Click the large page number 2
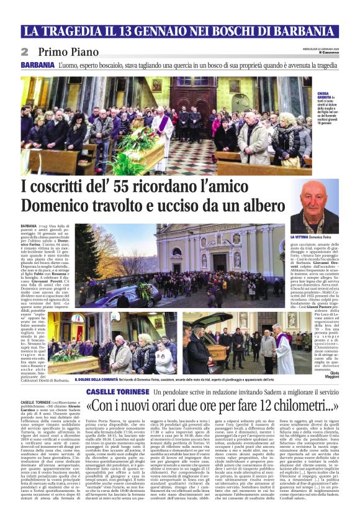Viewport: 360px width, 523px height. pyautogui.click(x=25, y=52)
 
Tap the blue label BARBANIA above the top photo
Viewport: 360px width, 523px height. pyautogui.click(x=37, y=65)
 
